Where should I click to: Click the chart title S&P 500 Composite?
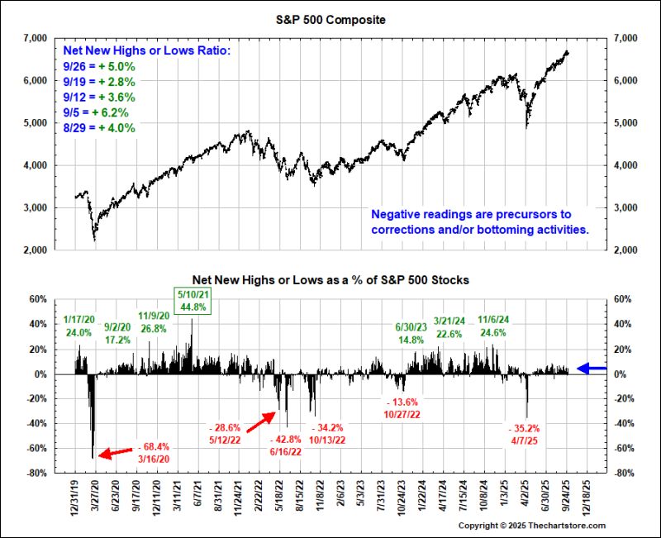pos(330,19)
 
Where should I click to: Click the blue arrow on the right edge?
pos(592,369)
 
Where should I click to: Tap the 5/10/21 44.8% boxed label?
pos(191,300)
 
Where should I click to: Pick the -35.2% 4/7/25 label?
pos(523,435)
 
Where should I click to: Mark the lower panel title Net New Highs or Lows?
pos(330,280)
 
